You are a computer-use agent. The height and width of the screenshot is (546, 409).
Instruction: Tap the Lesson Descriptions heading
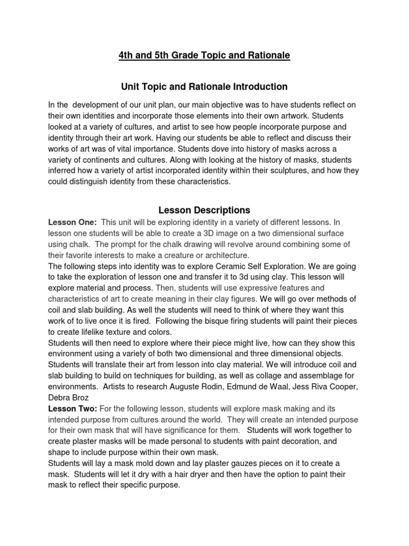(x=204, y=210)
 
